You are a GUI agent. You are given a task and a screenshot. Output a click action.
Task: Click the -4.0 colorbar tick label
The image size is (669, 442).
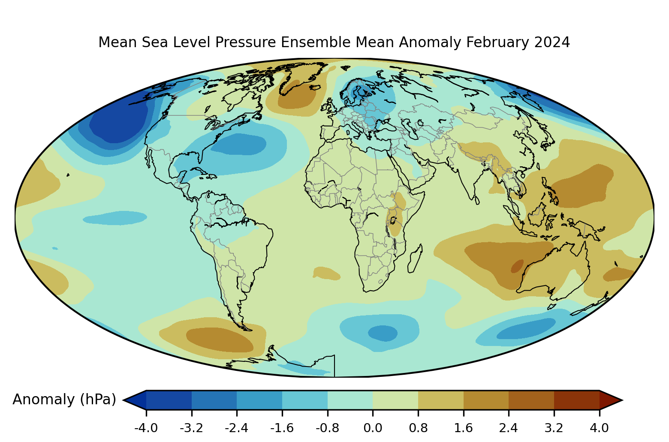tap(146, 428)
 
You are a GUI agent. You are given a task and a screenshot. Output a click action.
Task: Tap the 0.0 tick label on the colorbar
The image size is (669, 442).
tap(373, 428)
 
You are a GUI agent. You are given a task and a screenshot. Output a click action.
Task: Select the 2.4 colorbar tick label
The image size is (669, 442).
tap(508, 428)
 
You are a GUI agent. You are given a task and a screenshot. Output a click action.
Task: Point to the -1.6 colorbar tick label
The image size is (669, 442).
tap(282, 428)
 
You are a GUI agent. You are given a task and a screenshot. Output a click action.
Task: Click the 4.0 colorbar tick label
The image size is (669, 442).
tap(599, 428)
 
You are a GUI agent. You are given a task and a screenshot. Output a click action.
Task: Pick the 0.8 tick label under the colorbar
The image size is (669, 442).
tap(418, 428)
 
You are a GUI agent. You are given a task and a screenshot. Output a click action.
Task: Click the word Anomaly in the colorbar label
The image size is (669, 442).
tap(44, 400)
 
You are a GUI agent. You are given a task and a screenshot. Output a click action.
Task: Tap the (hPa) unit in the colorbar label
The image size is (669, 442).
tap(98, 400)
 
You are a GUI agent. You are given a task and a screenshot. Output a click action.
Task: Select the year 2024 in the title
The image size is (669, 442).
tap(552, 42)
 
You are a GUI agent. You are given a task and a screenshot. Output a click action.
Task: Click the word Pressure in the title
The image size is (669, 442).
tap(245, 42)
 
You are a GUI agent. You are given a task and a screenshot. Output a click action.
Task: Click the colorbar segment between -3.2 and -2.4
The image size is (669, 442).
tap(214, 400)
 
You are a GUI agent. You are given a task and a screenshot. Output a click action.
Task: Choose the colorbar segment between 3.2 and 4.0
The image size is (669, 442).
tap(577, 400)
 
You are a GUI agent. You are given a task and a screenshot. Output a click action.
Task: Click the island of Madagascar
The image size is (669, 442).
tap(415, 259)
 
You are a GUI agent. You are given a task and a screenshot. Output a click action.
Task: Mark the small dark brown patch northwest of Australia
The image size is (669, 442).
tap(517, 266)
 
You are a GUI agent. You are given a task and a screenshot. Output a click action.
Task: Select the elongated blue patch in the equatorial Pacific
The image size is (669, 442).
tap(115, 218)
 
